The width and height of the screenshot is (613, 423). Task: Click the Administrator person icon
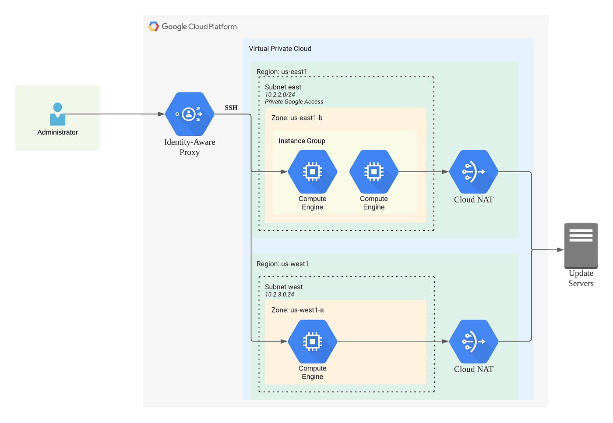[x=57, y=114]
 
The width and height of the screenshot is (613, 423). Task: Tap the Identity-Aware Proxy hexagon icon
[x=190, y=114]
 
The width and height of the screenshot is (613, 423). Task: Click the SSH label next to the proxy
[x=231, y=107]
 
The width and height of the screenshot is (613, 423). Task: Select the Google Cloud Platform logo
[x=153, y=26]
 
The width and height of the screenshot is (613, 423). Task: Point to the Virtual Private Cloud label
[x=280, y=49]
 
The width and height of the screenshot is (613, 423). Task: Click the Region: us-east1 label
[x=282, y=71]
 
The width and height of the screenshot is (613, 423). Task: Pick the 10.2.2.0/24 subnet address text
[x=280, y=94]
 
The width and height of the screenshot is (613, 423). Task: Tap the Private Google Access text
[x=294, y=102]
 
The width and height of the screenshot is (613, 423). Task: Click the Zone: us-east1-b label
[x=296, y=118]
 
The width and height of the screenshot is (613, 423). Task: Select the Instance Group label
[x=302, y=141]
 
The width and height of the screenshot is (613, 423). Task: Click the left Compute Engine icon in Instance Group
[x=312, y=172]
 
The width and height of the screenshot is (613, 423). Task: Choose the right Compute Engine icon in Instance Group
[x=373, y=172]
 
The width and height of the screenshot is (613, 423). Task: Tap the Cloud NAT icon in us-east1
[x=473, y=172]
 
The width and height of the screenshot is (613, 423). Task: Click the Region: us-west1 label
[x=282, y=264]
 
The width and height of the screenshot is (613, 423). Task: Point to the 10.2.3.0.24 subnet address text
[x=279, y=295]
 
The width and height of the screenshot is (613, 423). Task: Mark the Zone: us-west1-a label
[x=297, y=310]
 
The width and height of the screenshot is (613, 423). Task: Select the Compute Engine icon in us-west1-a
[x=312, y=341]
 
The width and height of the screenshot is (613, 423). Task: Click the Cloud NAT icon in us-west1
[x=473, y=341]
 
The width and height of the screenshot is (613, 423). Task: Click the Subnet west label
[x=284, y=287]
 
